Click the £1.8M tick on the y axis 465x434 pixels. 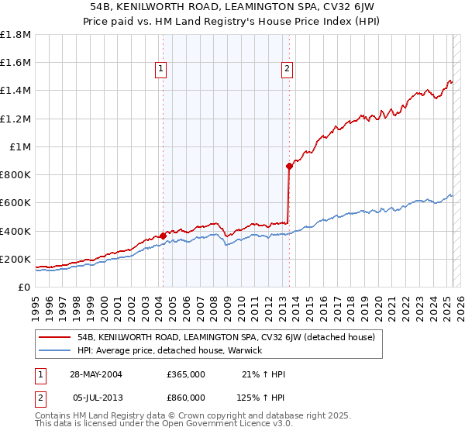[x=16, y=35]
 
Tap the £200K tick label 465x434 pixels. [x=15, y=259]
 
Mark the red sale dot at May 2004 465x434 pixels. [x=163, y=236]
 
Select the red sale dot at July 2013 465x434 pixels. [x=290, y=166]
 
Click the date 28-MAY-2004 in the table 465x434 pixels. [x=96, y=374]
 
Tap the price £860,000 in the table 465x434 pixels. [x=186, y=397]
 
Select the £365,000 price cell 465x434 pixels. [x=186, y=374]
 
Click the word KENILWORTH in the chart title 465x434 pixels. [x=160, y=5]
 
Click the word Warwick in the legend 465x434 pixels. [x=246, y=350]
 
